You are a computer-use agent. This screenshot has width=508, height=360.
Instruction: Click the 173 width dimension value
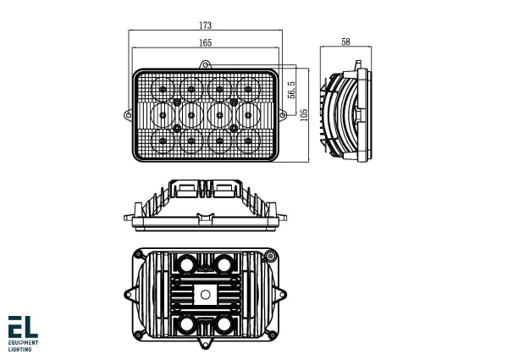click(206, 25)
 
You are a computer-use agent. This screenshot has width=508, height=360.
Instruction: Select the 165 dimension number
click(206, 42)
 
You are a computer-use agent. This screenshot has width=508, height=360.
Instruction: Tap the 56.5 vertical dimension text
click(290, 91)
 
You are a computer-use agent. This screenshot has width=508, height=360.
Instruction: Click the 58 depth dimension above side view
click(345, 42)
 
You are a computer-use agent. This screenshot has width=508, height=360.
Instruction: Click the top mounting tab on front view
click(205, 64)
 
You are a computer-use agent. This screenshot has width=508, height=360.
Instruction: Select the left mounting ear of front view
click(128, 114)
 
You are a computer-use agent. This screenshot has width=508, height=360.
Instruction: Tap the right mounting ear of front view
click(282, 114)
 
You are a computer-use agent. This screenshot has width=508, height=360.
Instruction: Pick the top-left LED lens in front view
click(163, 87)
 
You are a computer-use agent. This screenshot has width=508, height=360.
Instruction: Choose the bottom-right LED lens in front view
click(248, 141)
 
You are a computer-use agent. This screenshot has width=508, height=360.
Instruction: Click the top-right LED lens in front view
click(248, 87)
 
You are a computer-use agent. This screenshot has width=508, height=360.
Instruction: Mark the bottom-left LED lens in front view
click(163, 141)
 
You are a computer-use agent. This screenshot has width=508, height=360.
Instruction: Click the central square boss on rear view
click(205, 295)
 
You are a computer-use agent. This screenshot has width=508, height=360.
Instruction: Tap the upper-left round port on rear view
click(185, 264)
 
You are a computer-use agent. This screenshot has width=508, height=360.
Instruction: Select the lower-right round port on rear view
click(224, 325)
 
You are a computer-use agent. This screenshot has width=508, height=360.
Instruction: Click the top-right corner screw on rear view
click(270, 257)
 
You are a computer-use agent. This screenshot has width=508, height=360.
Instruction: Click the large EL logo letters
click(22, 327)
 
